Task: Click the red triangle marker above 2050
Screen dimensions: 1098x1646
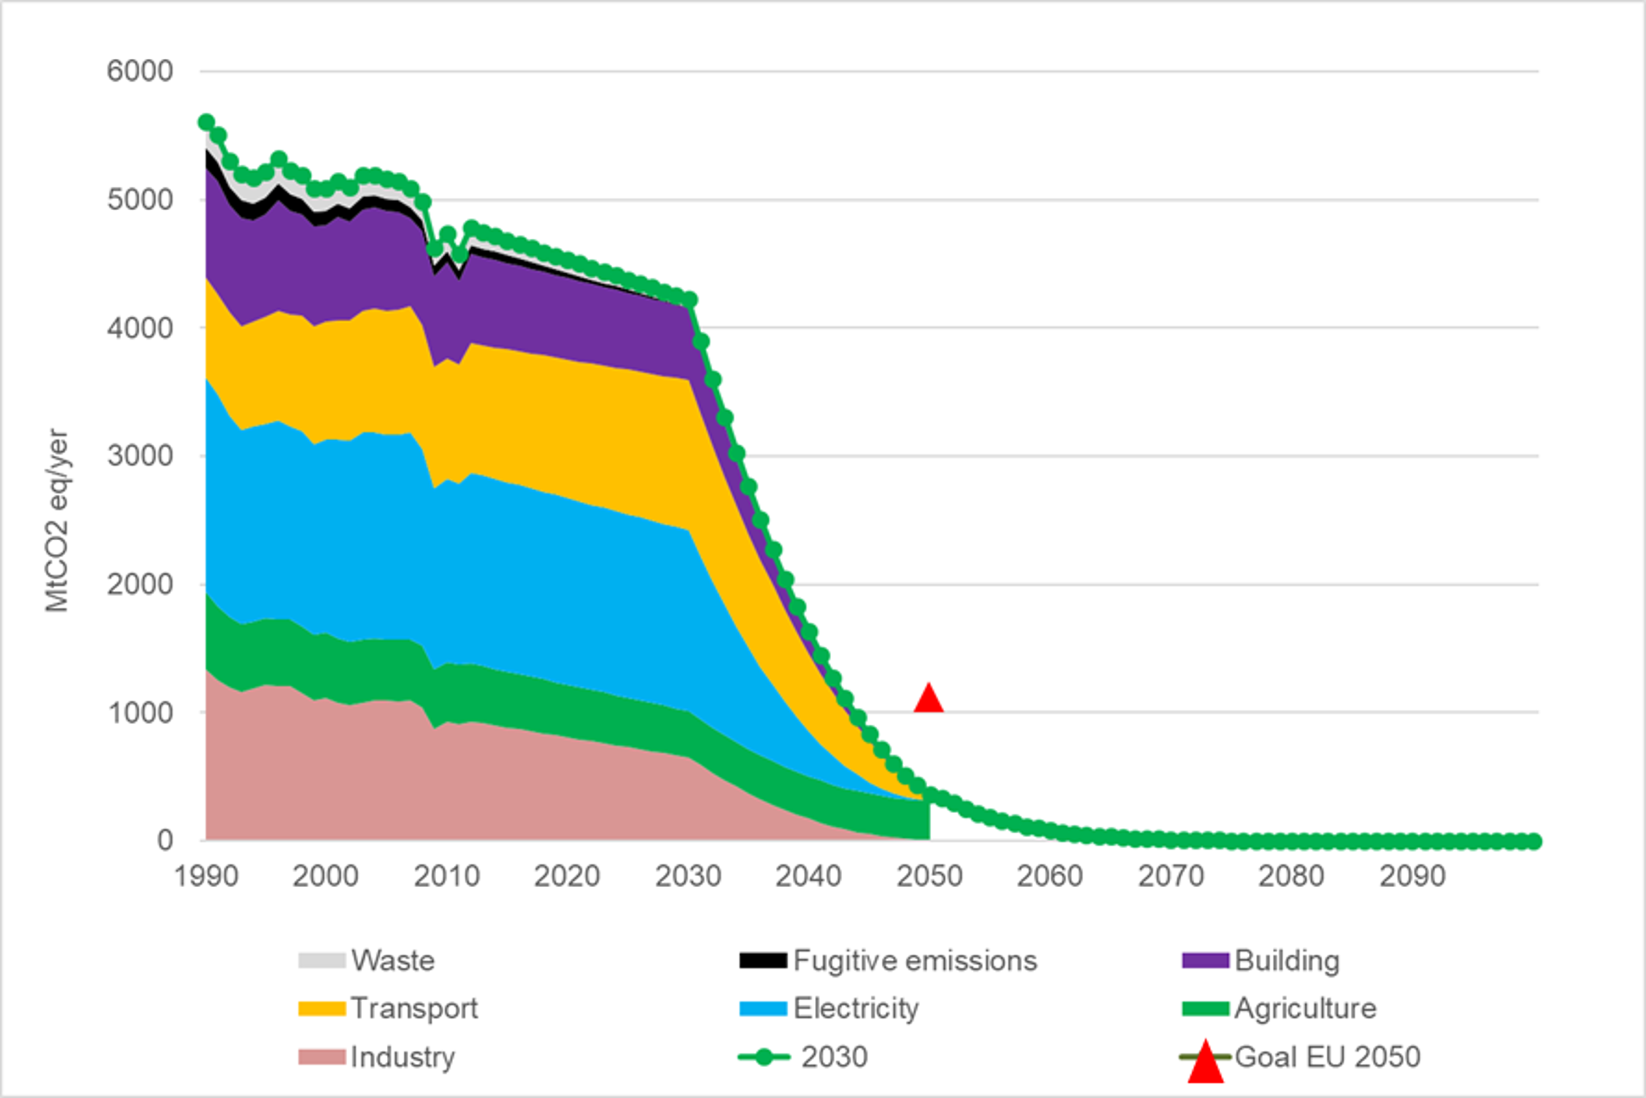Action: [929, 699]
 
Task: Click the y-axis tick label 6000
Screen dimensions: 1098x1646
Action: [139, 71]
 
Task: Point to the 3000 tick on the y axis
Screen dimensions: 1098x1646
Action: [139, 456]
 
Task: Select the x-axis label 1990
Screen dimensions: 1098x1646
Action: [206, 877]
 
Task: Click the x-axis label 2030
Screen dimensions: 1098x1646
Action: [688, 877]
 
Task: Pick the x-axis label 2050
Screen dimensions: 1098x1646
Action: [929, 877]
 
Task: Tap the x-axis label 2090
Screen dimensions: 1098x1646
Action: [1412, 877]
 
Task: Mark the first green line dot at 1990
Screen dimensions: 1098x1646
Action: [206, 122]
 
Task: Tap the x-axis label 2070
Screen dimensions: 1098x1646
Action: [1171, 877]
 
